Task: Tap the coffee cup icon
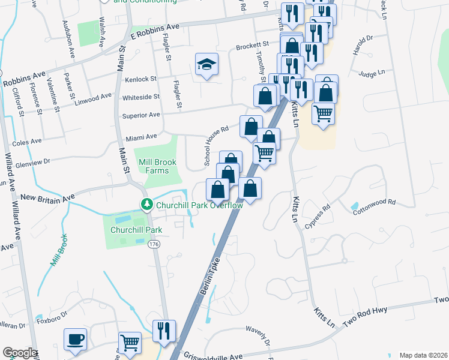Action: click(x=76, y=340)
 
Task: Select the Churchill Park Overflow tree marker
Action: click(x=146, y=205)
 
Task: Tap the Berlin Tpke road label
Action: click(x=210, y=278)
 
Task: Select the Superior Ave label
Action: click(x=141, y=115)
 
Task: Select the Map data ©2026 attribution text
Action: click(x=423, y=355)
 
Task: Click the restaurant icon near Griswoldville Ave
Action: click(x=164, y=331)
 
